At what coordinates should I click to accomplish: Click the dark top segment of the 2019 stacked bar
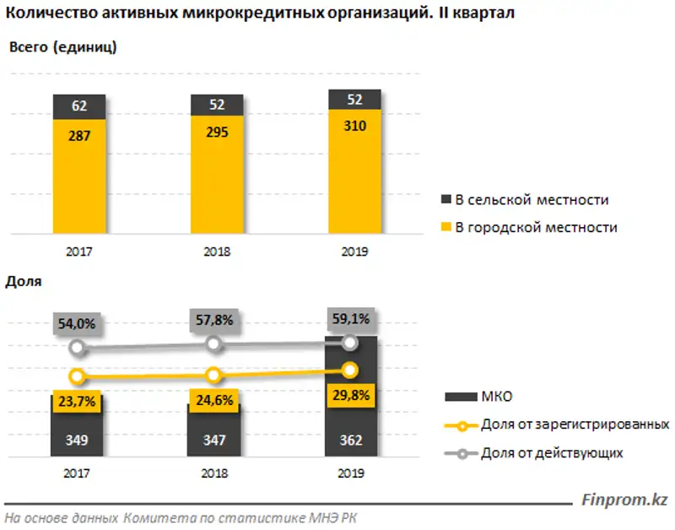point(354,100)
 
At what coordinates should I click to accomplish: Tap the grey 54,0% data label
point(78,323)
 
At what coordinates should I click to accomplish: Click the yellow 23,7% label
point(78,402)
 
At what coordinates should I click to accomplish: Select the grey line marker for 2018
point(214,343)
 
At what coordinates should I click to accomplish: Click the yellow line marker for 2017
point(78,376)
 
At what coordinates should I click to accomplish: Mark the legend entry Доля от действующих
point(552,453)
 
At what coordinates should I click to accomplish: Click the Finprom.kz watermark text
point(624,500)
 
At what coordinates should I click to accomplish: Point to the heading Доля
point(24,283)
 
